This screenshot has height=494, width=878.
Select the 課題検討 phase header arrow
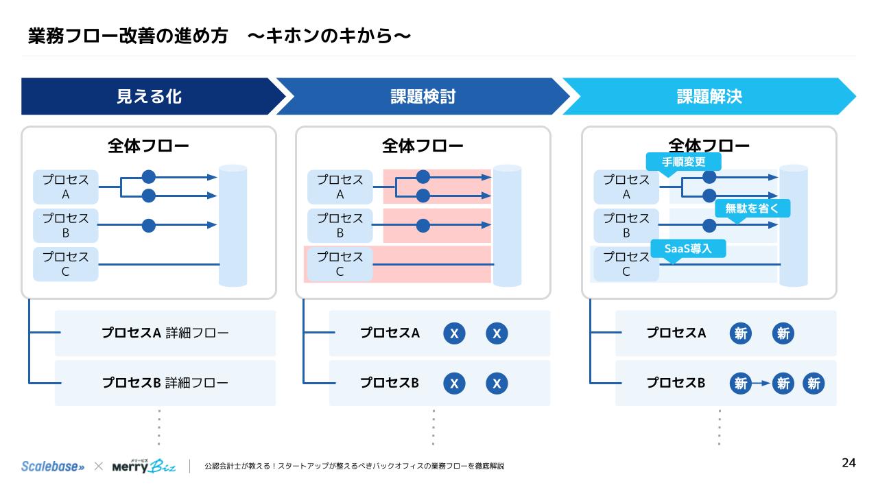423,96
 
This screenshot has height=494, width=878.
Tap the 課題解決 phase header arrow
709,96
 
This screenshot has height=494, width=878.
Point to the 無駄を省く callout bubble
752,208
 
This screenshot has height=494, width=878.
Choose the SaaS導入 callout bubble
688,248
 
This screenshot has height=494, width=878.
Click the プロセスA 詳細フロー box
165,333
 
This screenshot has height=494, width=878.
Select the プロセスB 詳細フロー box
165,383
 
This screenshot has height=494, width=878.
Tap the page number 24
849,463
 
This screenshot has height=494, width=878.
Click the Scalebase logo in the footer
53,466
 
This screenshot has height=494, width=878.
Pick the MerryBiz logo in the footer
143,466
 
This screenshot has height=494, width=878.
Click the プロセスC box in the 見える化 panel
66,264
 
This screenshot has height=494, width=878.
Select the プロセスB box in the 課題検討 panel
340,226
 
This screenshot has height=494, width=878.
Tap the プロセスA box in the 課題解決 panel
626,187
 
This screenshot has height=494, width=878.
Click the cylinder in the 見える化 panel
233,226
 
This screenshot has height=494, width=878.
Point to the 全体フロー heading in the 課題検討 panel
423,145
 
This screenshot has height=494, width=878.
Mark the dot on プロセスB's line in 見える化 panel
149,225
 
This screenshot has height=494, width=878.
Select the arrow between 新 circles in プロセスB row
761,384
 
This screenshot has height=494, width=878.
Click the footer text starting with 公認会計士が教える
354,467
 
